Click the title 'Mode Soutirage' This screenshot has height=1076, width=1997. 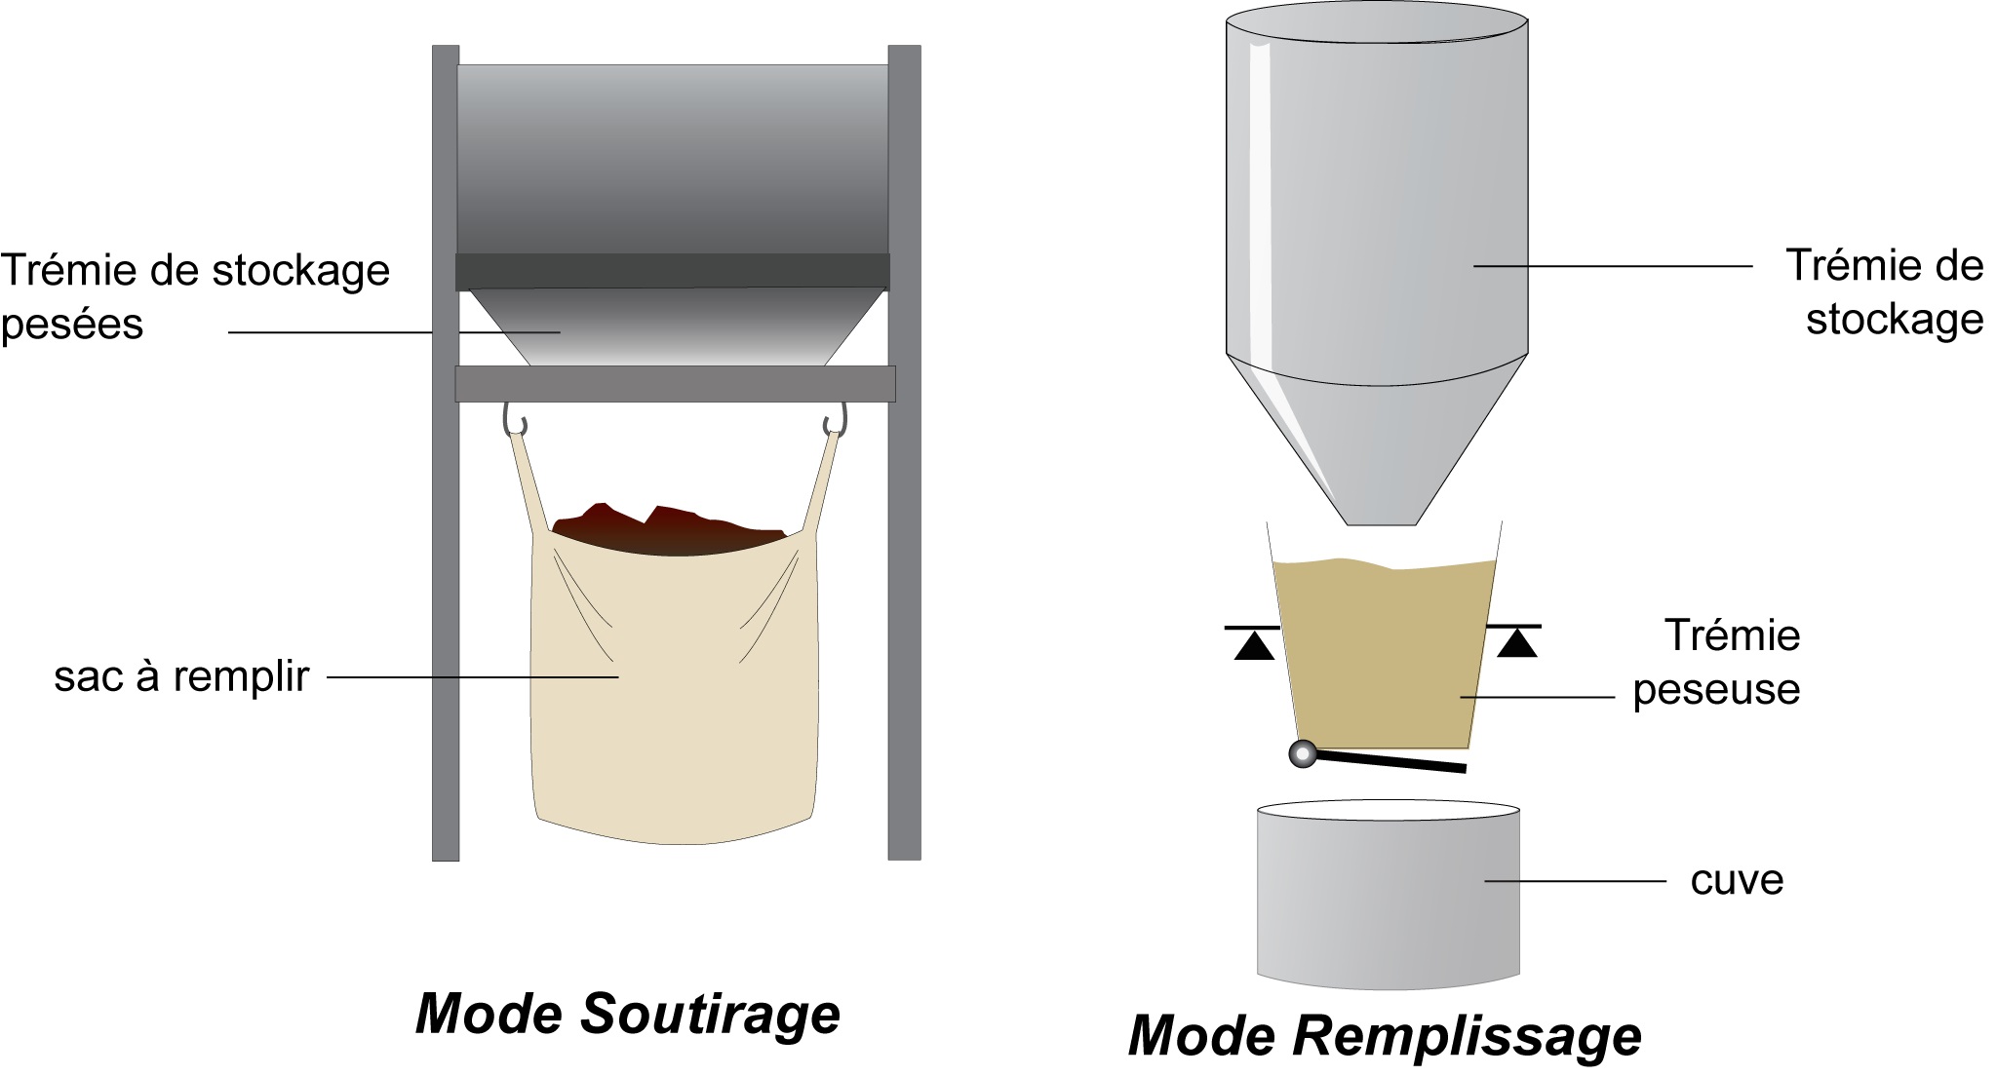coord(627,1015)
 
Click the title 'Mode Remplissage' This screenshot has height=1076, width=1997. coord(1385,1036)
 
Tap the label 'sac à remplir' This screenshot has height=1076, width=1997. coord(181,676)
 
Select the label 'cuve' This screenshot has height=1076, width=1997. coord(1737,880)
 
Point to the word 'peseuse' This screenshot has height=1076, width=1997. coord(1716,690)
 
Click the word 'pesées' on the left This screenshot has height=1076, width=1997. coord(72,324)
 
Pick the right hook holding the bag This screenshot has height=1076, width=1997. coord(835,420)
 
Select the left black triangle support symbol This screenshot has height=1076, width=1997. coord(1254,644)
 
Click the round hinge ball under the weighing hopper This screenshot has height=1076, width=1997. coord(1303,753)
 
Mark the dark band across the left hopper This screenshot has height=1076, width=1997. coord(673,271)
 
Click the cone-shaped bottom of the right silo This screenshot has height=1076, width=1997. coord(1377,439)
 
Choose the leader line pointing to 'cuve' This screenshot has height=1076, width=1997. coord(1575,881)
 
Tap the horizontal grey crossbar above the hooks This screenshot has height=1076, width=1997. coord(675,384)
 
